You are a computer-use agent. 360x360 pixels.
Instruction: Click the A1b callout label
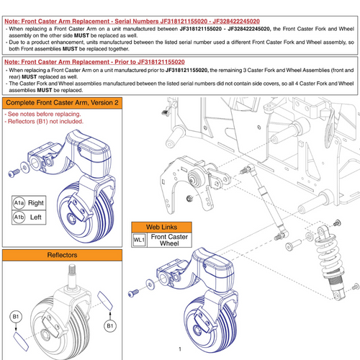pos(19,217)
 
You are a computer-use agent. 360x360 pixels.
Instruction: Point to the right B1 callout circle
pos(109,325)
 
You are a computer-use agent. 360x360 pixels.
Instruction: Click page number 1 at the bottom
pos(179,351)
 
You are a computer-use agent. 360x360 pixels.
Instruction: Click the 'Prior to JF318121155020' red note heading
pos(94,63)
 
